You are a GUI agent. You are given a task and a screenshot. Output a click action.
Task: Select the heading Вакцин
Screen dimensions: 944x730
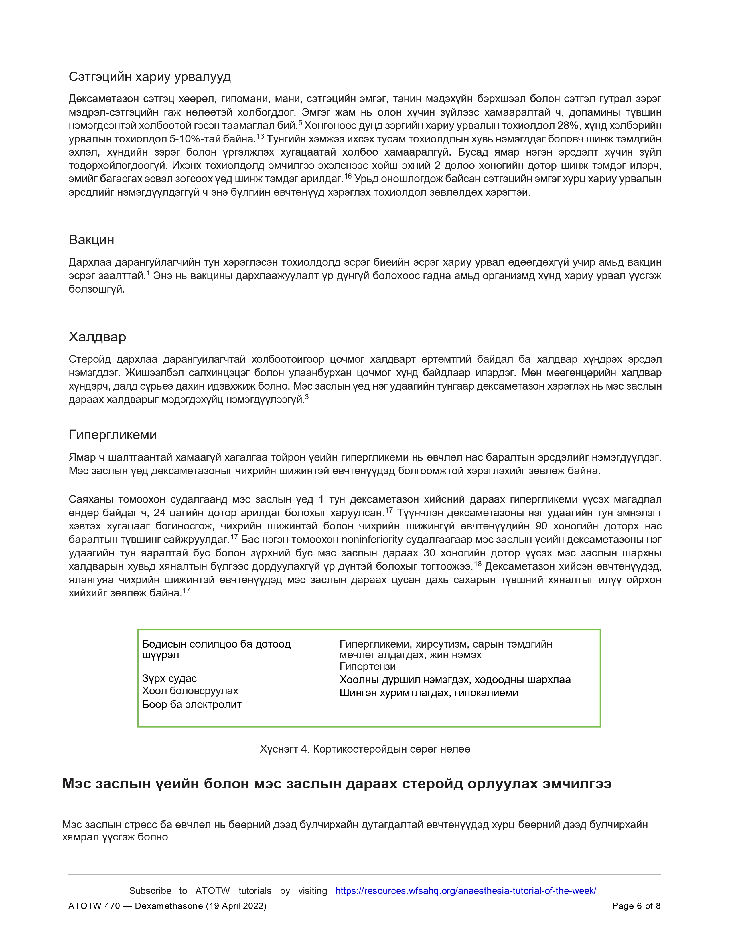[91, 240]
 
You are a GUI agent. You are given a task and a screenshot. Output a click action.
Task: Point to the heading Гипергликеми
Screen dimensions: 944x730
[113, 435]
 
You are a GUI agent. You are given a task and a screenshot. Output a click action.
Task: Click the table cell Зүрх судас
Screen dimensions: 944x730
[169, 679]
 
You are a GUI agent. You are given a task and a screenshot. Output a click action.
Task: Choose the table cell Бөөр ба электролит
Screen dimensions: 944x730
[192, 705]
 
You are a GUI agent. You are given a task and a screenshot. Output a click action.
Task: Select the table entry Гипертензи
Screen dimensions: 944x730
[368, 667]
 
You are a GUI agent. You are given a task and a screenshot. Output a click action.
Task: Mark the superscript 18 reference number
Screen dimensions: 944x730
[478, 564]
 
